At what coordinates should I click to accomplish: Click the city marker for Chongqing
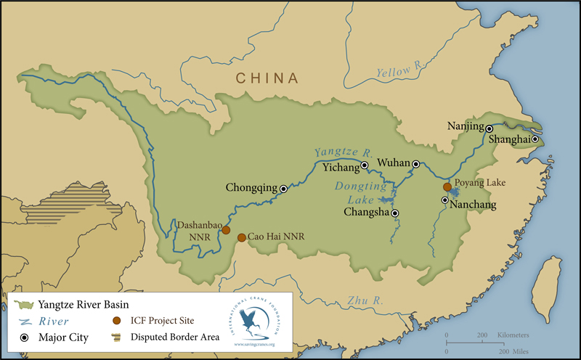(x=283, y=189)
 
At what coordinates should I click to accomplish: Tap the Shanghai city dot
(x=535, y=139)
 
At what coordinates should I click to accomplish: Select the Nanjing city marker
(x=489, y=128)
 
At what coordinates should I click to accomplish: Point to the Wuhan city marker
(x=416, y=164)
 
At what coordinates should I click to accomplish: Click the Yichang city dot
(x=365, y=165)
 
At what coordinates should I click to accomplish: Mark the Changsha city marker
(x=394, y=213)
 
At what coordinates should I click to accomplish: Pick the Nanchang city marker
(x=444, y=200)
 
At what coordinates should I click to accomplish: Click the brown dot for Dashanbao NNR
(x=226, y=230)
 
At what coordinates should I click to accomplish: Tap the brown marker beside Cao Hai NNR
(x=242, y=237)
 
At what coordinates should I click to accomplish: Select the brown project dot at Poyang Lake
(x=447, y=187)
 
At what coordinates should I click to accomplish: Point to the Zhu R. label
(x=365, y=300)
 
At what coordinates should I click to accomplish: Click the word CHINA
(x=267, y=78)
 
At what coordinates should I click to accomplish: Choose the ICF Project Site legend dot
(x=116, y=319)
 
